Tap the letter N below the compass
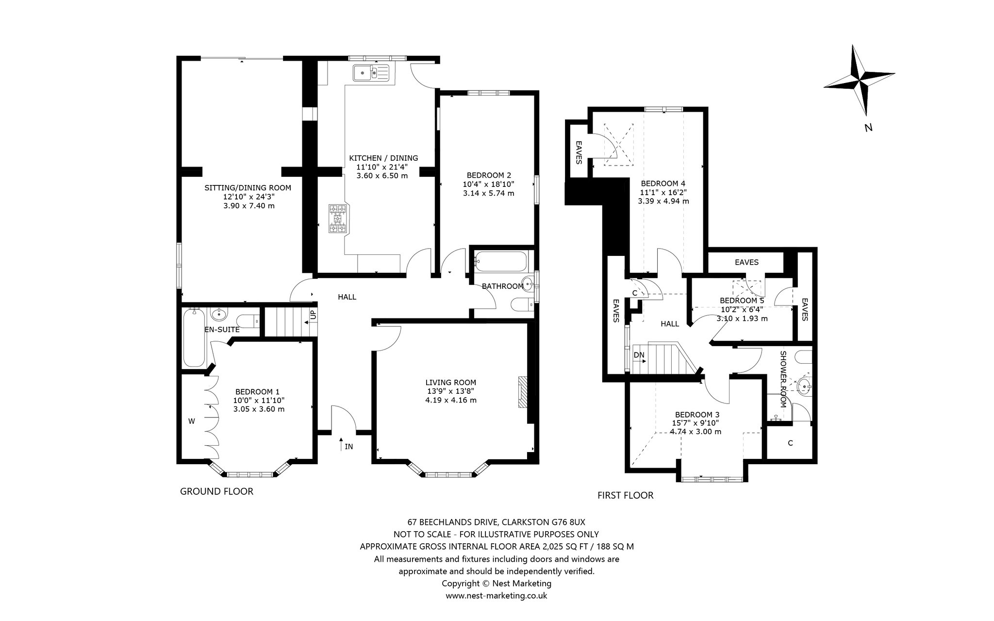[x=869, y=128]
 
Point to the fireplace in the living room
[x=522, y=391]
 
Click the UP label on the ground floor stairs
[x=313, y=314]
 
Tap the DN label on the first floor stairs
[x=639, y=355]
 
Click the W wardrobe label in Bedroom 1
[x=192, y=421]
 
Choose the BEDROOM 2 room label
[x=489, y=175]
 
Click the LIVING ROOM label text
[x=451, y=383]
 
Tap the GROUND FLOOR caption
[x=216, y=491]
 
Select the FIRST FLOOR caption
[x=626, y=495]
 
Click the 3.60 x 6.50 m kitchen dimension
[x=382, y=176]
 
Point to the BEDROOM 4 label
[x=663, y=184]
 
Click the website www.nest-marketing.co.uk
[x=497, y=595]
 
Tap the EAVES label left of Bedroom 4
[x=579, y=152]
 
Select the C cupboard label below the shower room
[x=790, y=443]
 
